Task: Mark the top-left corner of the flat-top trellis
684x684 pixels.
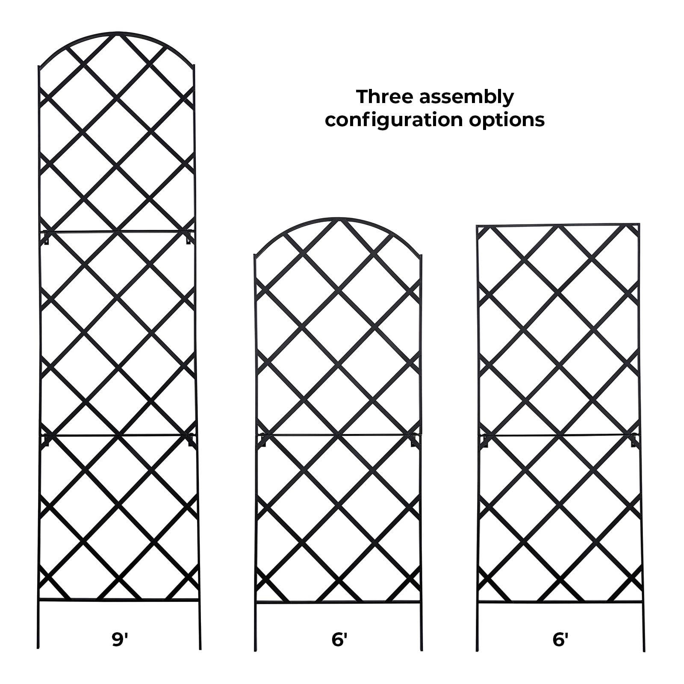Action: tap(478, 226)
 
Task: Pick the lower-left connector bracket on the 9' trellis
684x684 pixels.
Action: tap(46, 440)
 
